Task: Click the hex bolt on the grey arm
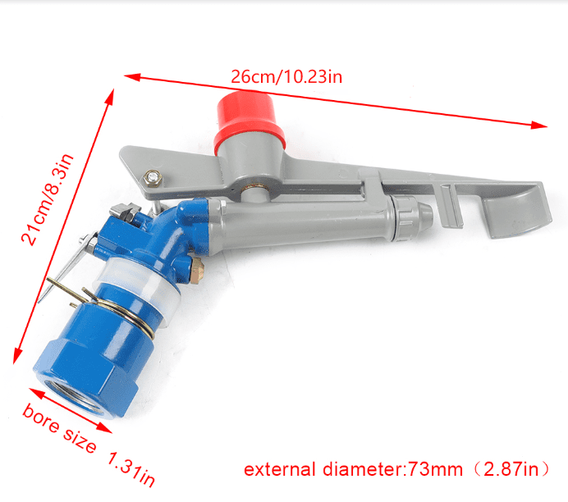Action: click(151, 176)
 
